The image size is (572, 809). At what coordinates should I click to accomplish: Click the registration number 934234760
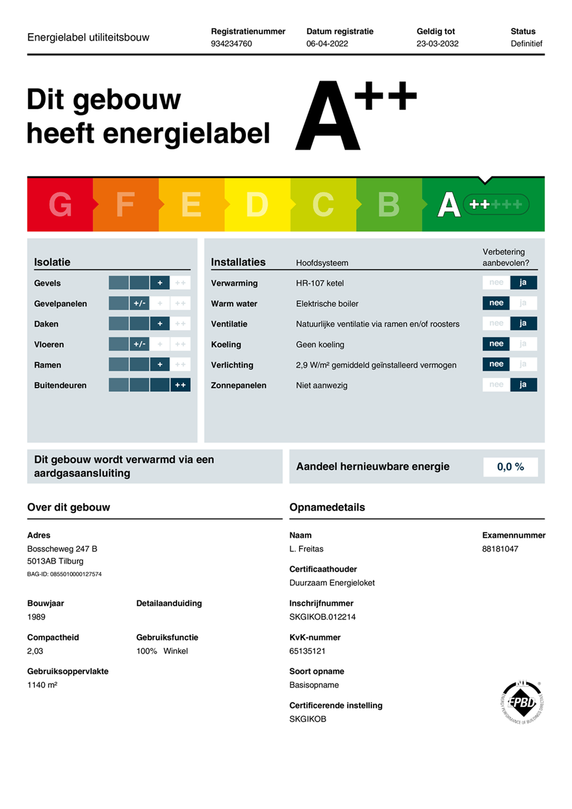pos(231,44)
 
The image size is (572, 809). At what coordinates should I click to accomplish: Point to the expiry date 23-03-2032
pos(437,44)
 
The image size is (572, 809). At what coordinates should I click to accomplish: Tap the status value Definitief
pos(526,44)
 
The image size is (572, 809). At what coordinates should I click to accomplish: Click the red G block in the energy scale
pos(60,204)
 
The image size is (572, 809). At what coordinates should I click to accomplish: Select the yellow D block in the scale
pos(257,204)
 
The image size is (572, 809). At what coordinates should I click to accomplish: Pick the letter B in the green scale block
pos(388,204)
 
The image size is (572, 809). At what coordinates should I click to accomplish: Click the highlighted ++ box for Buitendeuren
pos(180,385)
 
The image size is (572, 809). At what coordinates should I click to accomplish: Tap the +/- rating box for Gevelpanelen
pos(139,303)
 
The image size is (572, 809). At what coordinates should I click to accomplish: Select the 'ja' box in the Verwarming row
pos(523,283)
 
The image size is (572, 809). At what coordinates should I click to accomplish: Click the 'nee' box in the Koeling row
pos(496,344)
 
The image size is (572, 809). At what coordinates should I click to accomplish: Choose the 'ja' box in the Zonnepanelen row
pos(523,385)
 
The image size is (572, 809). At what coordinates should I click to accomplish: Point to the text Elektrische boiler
pos(327,304)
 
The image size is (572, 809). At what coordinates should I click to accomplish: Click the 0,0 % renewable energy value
pos(510,467)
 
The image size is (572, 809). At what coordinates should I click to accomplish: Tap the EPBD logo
pos(522,702)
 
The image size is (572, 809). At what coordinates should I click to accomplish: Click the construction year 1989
pos(37,617)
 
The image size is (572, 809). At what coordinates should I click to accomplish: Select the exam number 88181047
pos(500,549)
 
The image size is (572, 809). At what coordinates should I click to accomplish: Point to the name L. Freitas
pos(306,549)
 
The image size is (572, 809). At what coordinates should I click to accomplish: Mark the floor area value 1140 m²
pos(42,685)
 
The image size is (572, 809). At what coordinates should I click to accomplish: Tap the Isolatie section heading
pos(52,262)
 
